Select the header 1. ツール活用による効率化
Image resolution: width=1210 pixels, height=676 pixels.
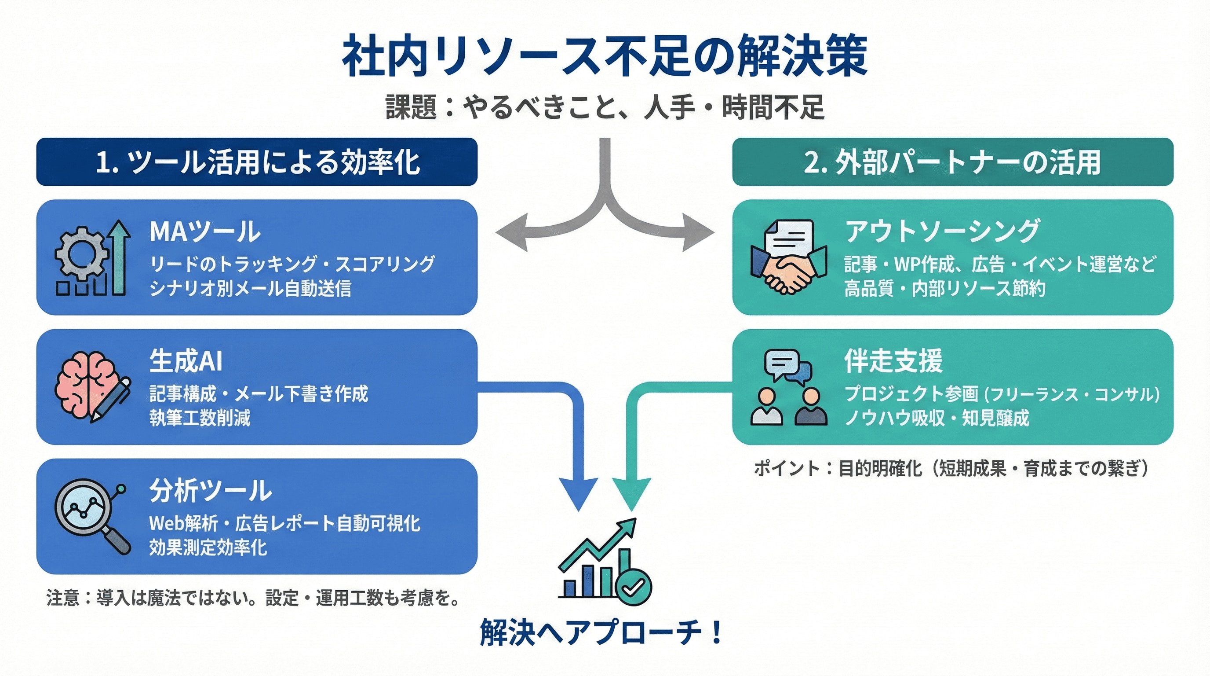click(257, 162)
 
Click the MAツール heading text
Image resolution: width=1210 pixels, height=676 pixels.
click(205, 231)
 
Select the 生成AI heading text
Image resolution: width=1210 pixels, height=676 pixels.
click(186, 361)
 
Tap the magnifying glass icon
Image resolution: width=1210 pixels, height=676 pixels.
click(91, 516)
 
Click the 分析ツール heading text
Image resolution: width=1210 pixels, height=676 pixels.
click(211, 490)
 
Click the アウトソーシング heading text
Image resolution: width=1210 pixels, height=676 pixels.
click(942, 231)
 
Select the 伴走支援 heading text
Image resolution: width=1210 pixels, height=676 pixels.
click(893, 361)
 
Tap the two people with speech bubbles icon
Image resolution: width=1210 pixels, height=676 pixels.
click(789, 388)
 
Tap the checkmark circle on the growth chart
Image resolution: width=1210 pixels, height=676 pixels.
click(633, 586)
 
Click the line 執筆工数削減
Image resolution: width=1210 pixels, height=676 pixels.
click(200, 418)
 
